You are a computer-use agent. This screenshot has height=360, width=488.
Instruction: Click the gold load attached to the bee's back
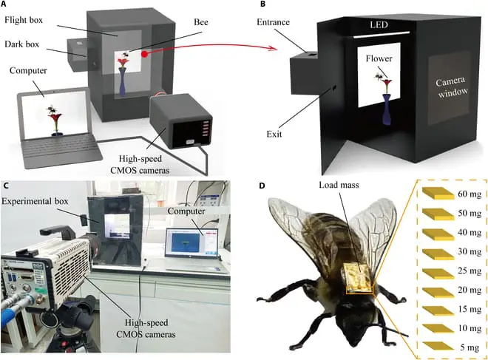359,280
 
